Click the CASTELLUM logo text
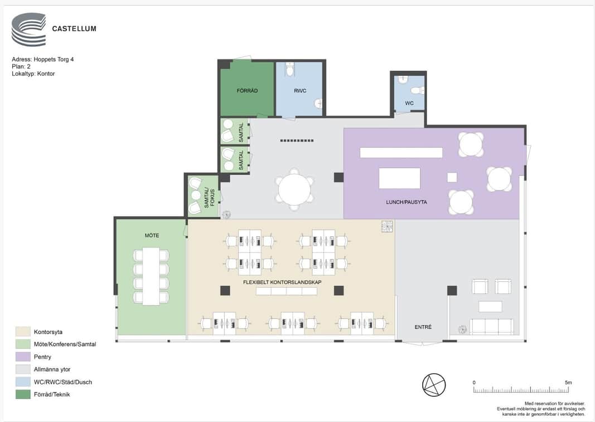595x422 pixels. coord(74,28)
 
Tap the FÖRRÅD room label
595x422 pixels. coord(247,91)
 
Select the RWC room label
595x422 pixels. coord(300,91)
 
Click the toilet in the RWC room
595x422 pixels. coord(290,69)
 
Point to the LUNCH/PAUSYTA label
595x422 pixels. coord(407,202)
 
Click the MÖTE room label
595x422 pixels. coord(152,235)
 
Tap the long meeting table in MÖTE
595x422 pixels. coord(151,276)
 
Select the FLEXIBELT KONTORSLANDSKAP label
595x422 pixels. coord(282,282)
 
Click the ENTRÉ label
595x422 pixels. coord(423,327)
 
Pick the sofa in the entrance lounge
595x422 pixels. coord(491,327)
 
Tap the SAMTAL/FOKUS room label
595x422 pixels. coord(210,198)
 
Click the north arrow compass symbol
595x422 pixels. coord(434,385)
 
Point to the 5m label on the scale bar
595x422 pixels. coord(568,382)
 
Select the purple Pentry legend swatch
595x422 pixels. coord(23,357)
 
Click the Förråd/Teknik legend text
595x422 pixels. coord(52,394)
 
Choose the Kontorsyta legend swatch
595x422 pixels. coord(23,332)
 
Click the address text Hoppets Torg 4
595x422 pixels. coord(54,60)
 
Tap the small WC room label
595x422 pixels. coord(409,103)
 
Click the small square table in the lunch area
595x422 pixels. coord(452,177)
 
